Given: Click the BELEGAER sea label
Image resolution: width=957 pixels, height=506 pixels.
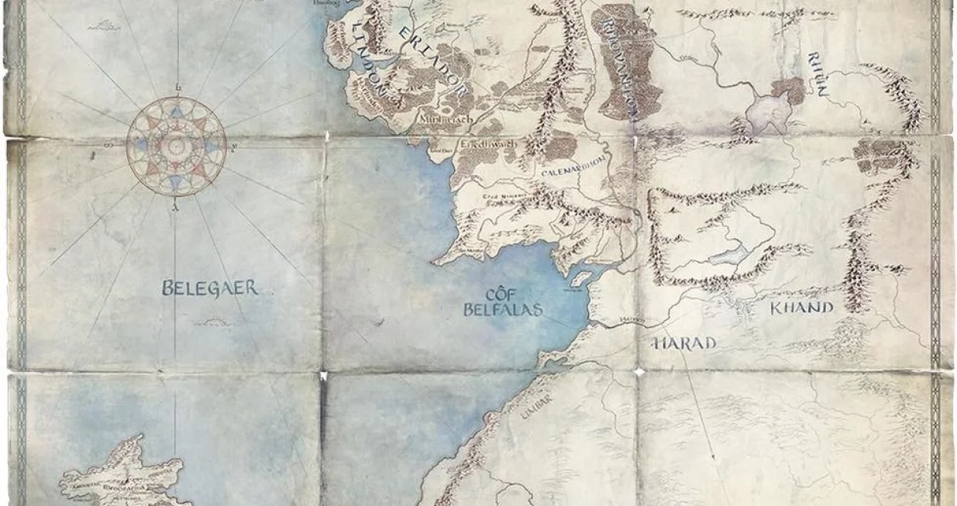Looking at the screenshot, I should (209, 289).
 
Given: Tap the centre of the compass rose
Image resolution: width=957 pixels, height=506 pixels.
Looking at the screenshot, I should (177, 145).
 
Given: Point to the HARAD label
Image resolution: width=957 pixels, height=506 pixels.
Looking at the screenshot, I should (685, 342).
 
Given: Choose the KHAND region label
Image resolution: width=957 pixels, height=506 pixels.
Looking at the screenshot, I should (800, 308).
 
